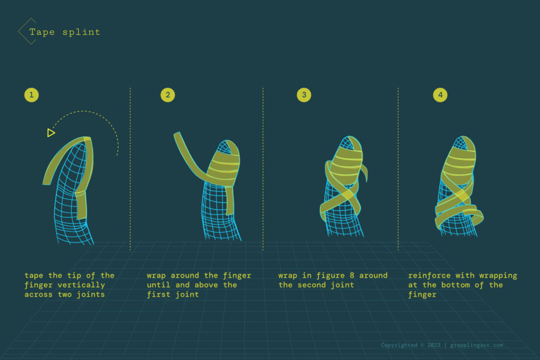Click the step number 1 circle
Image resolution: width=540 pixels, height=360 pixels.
(32, 95)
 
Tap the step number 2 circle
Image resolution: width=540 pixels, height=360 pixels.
(168, 95)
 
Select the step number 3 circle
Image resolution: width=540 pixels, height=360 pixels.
(304, 95)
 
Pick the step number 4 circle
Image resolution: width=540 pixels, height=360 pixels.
(440, 95)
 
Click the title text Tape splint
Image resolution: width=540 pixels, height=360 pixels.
(64, 32)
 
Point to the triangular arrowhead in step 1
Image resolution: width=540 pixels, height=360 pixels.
(51, 133)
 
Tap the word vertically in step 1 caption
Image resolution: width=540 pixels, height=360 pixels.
(83, 285)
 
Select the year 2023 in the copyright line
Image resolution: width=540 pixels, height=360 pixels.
(434, 345)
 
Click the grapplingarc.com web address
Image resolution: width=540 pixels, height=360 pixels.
(477, 345)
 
